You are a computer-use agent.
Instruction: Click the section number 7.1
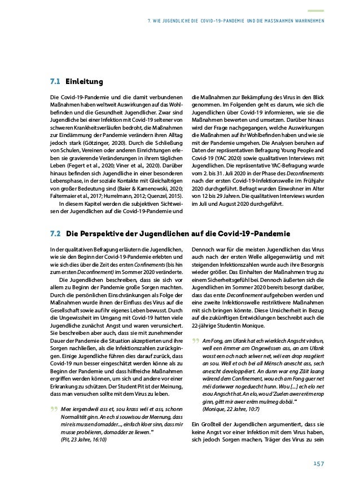55,82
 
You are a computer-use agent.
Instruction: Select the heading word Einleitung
84,82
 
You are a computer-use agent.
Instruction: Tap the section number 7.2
55,232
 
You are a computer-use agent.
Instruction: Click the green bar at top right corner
315,10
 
